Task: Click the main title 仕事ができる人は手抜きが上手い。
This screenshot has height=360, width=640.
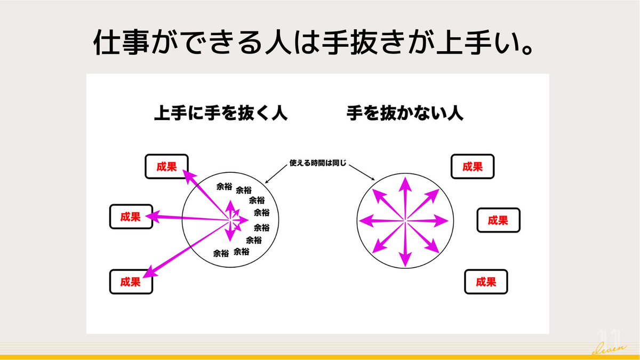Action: pyautogui.click(x=314, y=43)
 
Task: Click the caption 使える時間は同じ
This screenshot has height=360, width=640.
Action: pyautogui.click(x=318, y=161)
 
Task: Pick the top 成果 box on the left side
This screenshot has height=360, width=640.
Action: pyautogui.click(x=166, y=166)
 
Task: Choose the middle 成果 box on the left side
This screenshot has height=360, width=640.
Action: pyautogui.click(x=131, y=217)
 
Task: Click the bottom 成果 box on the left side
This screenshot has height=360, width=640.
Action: pyautogui.click(x=131, y=282)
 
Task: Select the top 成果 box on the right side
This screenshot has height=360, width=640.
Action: pyautogui.click(x=473, y=166)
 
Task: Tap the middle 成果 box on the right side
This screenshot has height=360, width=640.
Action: pyautogui.click(x=498, y=220)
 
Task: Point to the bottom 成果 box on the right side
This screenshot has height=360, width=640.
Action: pyautogui.click(x=486, y=282)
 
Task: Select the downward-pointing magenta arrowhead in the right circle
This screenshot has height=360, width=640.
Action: pyautogui.click(x=405, y=260)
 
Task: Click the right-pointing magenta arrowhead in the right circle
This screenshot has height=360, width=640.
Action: pyautogui.click(x=442, y=220)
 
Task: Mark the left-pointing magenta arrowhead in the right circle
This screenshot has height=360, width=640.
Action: pyautogui.click(x=366, y=220)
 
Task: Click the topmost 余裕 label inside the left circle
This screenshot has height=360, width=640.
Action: pyautogui.click(x=224, y=187)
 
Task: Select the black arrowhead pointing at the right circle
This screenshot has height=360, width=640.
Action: pyautogui.click(x=373, y=179)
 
